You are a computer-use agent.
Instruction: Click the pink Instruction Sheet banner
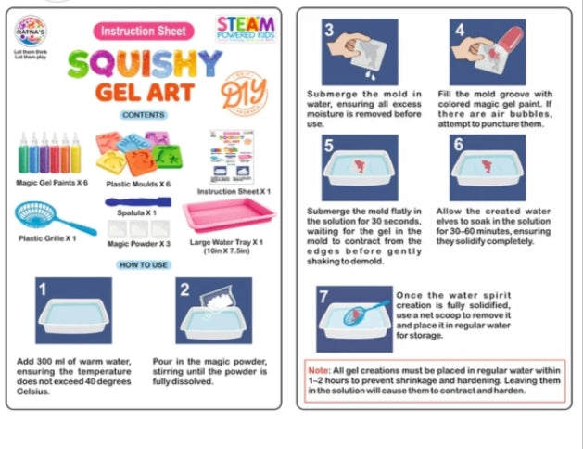point(143,31)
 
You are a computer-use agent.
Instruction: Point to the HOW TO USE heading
point(143,265)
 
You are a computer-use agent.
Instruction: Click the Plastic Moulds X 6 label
point(139,185)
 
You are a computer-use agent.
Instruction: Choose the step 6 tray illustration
point(488,168)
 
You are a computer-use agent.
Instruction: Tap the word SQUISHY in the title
point(143,64)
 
